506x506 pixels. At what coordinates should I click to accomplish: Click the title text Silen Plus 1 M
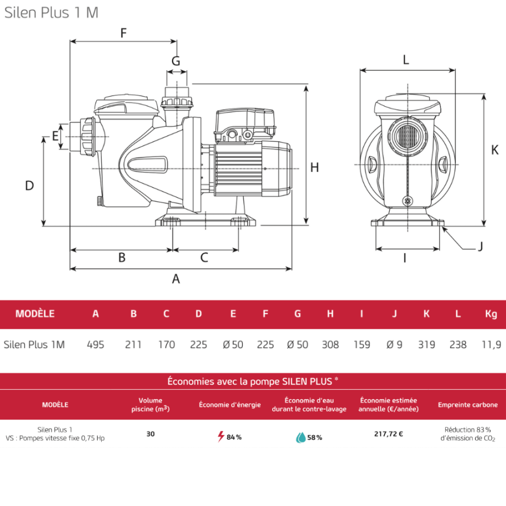click(51, 13)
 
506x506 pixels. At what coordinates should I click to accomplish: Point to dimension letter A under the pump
click(176, 278)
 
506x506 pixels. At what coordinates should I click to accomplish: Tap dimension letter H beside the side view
click(314, 167)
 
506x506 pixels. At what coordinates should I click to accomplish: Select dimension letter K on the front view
click(495, 150)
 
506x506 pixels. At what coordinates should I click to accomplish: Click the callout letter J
click(480, 246)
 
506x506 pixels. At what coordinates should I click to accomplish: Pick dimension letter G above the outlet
click(176, 61)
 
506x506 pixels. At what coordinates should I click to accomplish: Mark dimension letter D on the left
click(30, 186)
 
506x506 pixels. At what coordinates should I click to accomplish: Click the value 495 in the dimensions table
click(96, 345)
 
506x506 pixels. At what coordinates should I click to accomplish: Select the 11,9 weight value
click(491, 345)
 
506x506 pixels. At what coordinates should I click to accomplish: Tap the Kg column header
click(491, 314)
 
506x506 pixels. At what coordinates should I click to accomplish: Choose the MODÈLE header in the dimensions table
click(35, 314)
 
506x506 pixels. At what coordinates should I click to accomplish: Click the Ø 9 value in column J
click(394, 345)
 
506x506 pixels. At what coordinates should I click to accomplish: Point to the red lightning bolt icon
click(221, 436)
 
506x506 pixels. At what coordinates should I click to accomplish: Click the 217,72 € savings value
click(388, 433)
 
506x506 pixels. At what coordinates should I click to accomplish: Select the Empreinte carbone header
click(468, 405)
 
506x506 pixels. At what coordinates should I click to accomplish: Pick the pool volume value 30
click(151, 433)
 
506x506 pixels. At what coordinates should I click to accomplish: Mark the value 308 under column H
click(330, 345)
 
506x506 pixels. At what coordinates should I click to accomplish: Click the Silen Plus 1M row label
click(34, 345)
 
